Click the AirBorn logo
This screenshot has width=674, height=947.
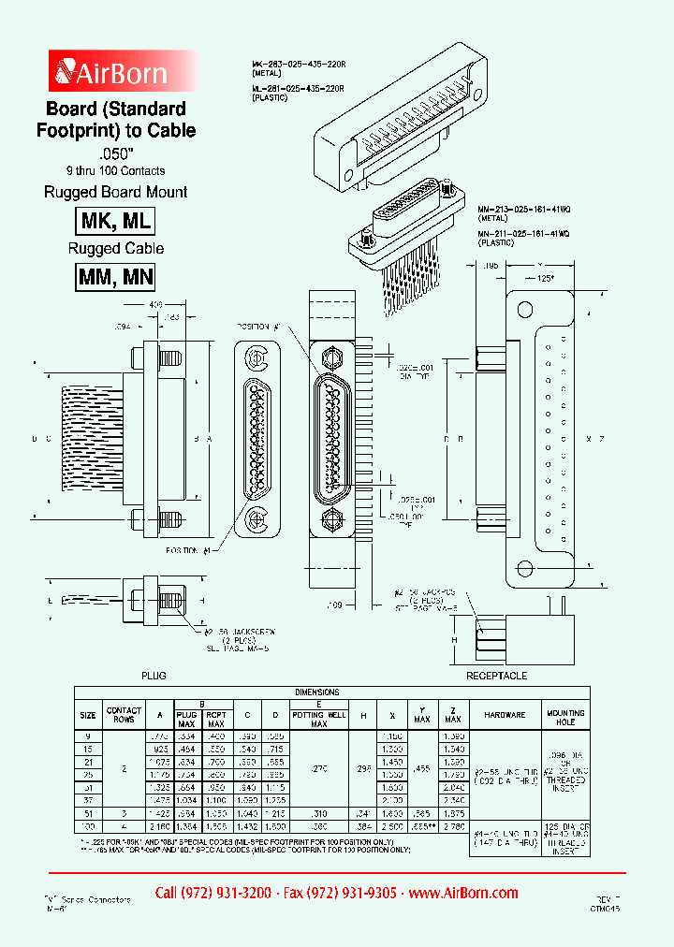click(x=112, y=72)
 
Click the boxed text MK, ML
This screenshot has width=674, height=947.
click(x=114, y=221)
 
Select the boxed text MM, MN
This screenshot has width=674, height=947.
click(x=114, y=277)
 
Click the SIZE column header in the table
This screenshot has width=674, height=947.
click(x=87, y=715)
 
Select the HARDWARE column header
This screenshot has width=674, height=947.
click(x=505, y=715)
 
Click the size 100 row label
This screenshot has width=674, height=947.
click(x=87, y=827)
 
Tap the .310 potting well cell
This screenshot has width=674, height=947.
click(x=319, y=814)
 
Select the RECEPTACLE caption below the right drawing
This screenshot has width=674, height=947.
click(x=496, y=675)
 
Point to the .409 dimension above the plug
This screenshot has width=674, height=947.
click(x=155, y=305)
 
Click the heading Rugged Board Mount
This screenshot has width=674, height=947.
click(x=115, y=192)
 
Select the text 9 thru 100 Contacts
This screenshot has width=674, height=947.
click(x=115, y=170)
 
